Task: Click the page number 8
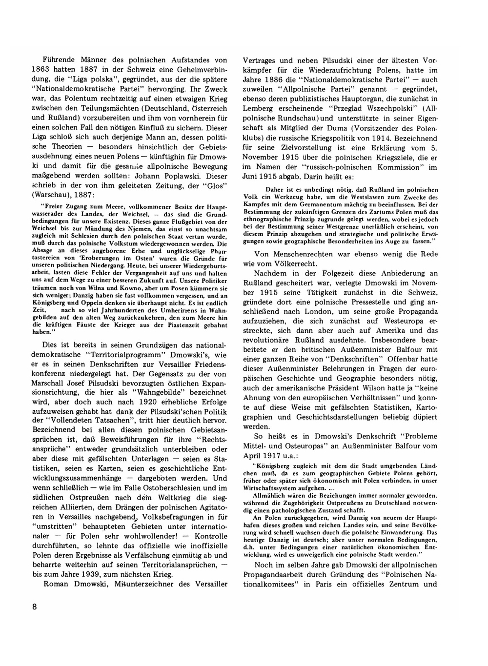click(34, 606)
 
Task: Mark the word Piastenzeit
click(187, 324)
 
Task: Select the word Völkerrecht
click(296, 263)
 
